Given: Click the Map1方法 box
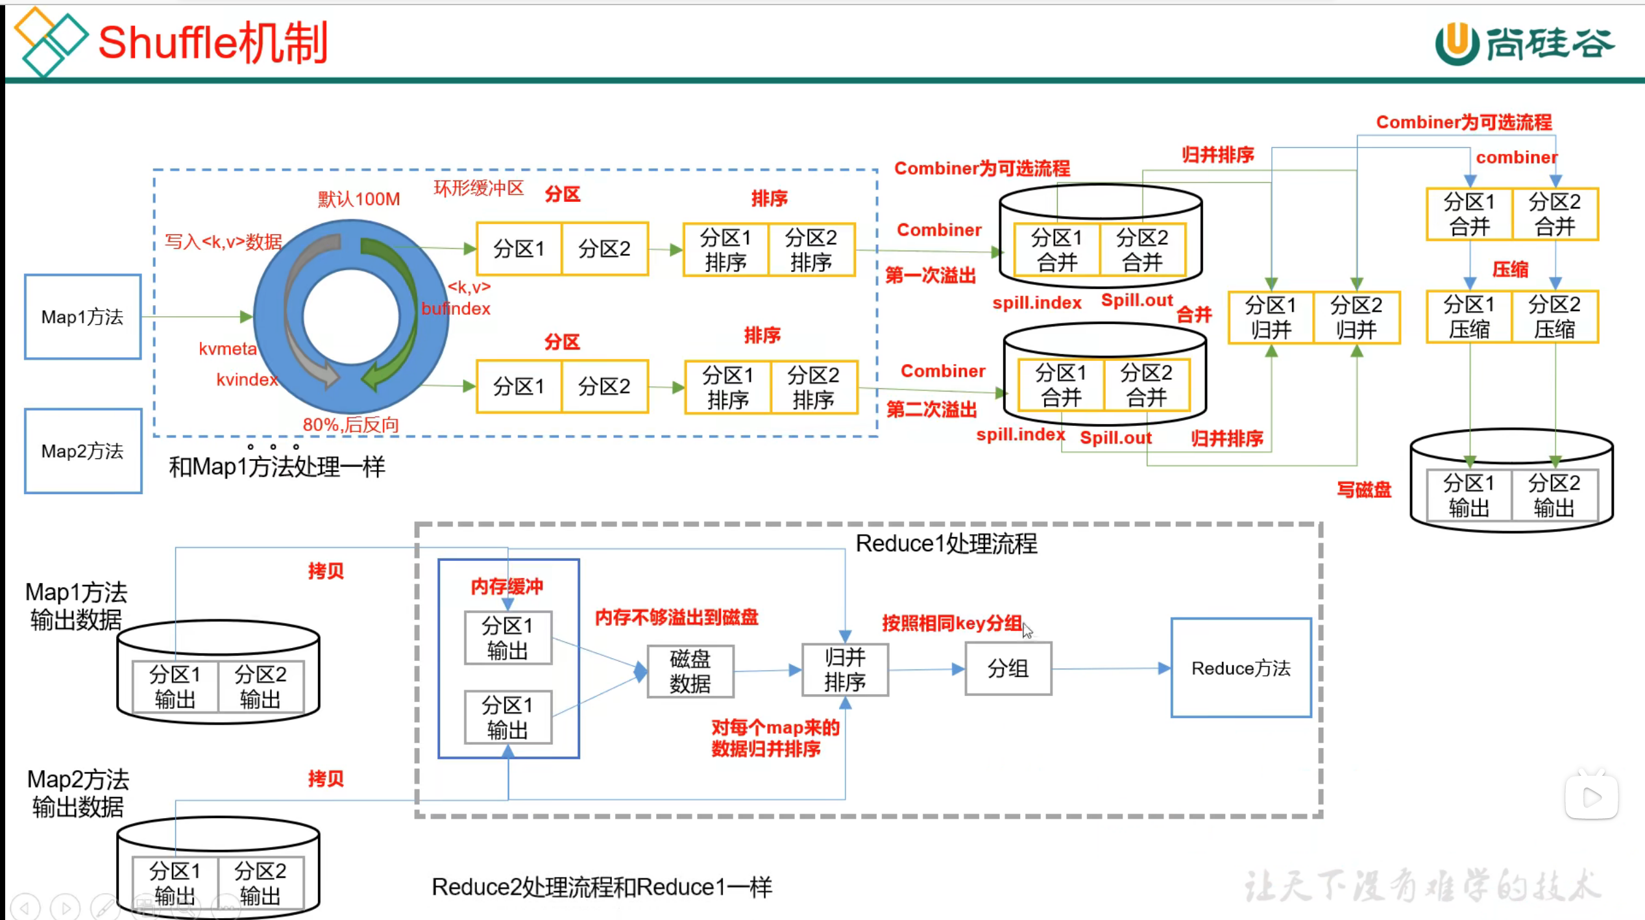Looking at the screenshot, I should click(82, 317).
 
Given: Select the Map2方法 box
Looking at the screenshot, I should click(82, 451).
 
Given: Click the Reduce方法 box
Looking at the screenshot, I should click(1241, 668).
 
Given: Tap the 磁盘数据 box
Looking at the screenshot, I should click(690, 671).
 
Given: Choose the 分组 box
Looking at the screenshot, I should click(1008, 669).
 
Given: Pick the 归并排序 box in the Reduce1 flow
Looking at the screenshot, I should click(845, 670).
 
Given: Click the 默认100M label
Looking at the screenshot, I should click(359, 199).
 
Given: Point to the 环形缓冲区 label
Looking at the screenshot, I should click(479, 188).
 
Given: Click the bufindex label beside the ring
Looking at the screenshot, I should click(456, 309).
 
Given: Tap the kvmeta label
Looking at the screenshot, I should click(228, 349).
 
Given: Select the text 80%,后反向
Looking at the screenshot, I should click(350, 425).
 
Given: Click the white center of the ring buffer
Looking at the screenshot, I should click(350, 317).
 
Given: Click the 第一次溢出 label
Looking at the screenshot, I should click(931, 275).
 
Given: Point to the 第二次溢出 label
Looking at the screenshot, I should click(931, 410).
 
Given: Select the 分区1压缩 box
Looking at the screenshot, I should click(1468, 317).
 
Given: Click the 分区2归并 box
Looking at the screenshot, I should click(1356, 317).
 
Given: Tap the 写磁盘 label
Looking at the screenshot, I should click(1364, 490).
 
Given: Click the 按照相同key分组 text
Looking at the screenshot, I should click(951, 623).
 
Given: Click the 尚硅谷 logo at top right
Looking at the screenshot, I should click(1525, 44).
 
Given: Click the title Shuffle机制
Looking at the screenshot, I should click(213, 43).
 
